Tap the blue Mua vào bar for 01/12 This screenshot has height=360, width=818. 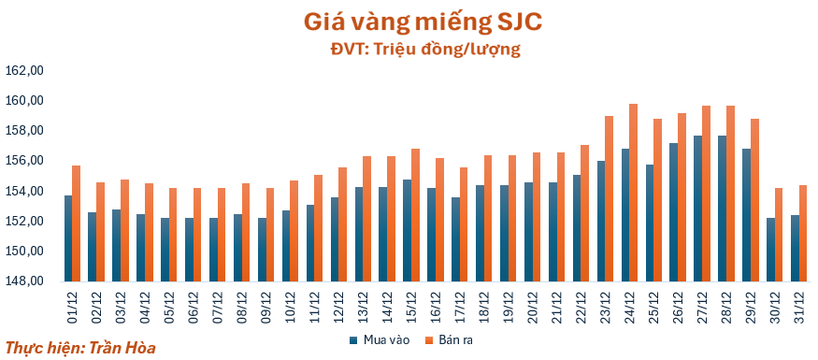click(x=68, y=238)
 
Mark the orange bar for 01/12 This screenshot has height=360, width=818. click(x=77, y=223)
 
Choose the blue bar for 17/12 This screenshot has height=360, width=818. click(x=455, y=239)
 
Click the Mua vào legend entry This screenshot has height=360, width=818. click(x=378, y=339)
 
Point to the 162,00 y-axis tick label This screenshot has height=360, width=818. click(x=25, y=70)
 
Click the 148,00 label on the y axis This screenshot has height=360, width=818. click(x=25, y=281)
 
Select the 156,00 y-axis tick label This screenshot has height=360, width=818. click(x=25, y=161)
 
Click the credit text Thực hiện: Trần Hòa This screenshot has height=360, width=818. click(x=80, y=347)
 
